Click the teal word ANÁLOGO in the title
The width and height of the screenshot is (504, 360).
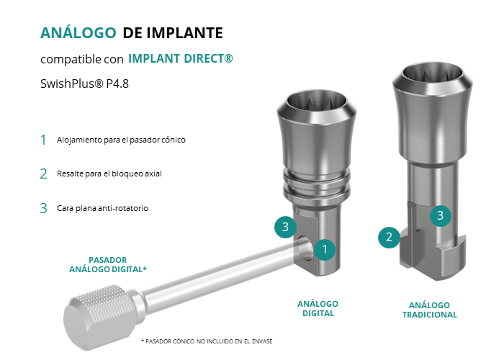point(78,32)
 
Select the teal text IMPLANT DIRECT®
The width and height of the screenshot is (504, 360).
point(180,58)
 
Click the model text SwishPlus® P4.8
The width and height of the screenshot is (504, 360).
point(84,84)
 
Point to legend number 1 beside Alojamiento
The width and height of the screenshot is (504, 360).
point(43,140)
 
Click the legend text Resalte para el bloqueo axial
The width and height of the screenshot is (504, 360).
point(109,174)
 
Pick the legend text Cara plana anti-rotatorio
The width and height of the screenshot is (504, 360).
point(102,208)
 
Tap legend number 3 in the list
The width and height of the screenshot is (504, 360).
point(44,208)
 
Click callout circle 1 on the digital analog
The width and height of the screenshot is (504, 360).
point(325,249)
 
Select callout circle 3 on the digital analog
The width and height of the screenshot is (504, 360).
point(285,227)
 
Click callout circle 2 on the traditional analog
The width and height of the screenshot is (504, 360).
point(390,237)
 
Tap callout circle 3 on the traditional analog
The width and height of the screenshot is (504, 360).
point(441,215)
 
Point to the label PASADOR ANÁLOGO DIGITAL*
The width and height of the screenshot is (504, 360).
point(108,264)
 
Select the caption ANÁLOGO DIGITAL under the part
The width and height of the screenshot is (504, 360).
point(318,309)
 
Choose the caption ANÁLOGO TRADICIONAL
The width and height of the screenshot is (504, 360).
point(430,310)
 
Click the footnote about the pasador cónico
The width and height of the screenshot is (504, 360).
point(207,341)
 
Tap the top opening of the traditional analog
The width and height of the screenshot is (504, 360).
point(433,76)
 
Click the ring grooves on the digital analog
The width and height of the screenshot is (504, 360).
point(317,185)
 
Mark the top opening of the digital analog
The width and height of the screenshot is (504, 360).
point(317,103)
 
